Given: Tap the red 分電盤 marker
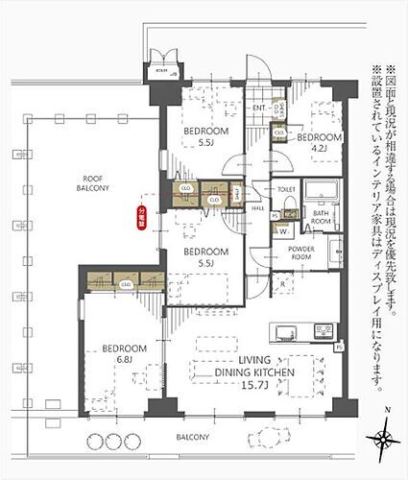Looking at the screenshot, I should [143, 208].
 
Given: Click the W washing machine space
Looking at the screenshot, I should [283, 229].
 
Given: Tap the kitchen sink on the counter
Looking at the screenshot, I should [284, 333].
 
